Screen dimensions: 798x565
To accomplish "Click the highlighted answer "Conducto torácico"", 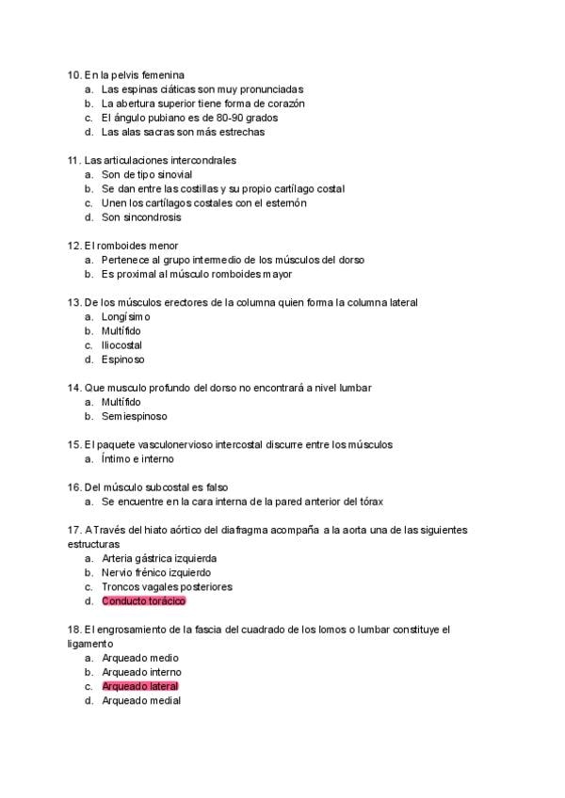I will pos(143,600).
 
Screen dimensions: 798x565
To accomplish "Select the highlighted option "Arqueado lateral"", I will pos(139,686).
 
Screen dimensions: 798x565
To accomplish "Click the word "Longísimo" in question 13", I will pos(125,317).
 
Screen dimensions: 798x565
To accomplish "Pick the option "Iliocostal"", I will pos(121,345).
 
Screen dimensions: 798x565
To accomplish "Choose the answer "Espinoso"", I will pos(122,359).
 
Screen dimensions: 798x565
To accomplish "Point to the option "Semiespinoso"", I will pos(135,416).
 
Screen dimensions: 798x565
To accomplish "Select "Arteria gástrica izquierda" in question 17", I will pos(158,558).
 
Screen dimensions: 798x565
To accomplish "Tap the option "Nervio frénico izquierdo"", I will pos(155,572).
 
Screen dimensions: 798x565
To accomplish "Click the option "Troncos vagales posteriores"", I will pos(167,586).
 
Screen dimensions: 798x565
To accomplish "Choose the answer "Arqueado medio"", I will pos(139,658).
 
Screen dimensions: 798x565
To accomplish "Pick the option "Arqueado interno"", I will pos(141,672).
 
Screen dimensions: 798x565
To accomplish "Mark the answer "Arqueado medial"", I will pos(141,700).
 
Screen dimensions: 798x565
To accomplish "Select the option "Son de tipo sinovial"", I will pos(146,175).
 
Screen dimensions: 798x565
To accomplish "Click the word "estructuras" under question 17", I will pos(93,544).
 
